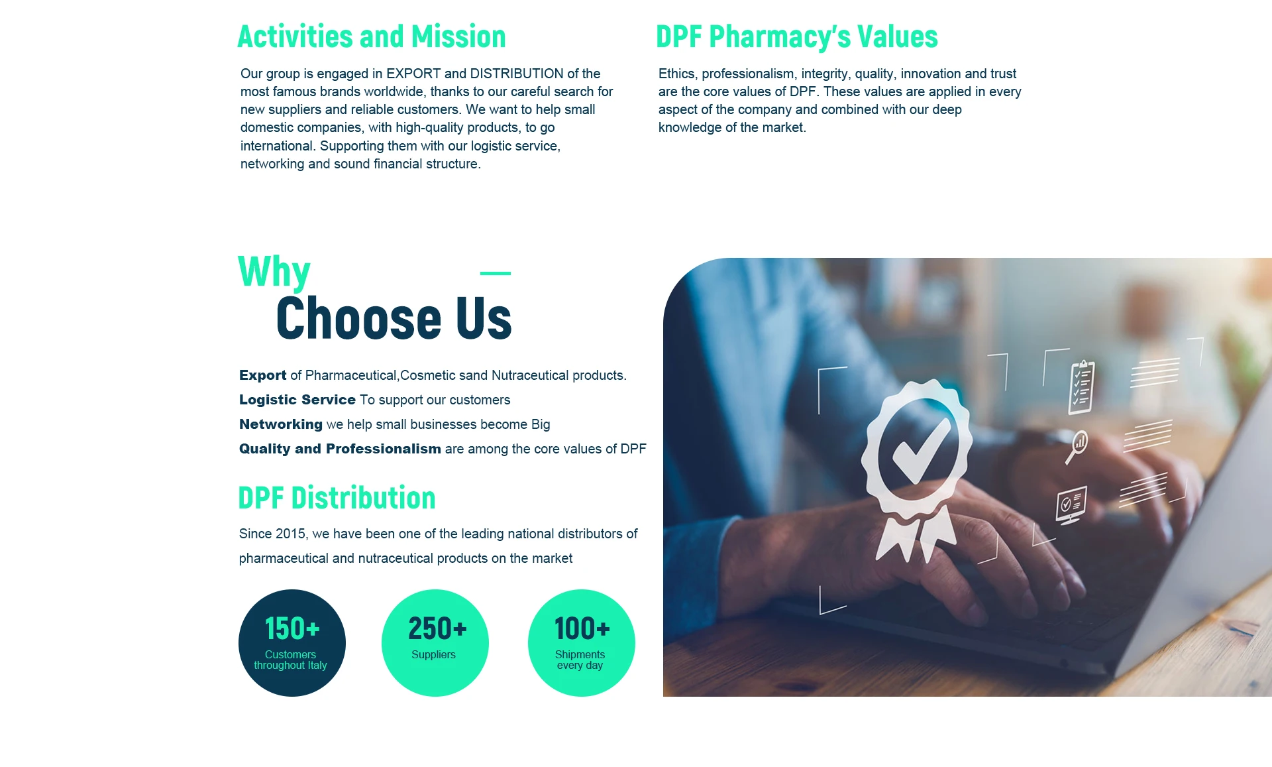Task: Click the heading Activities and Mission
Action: (372, 36)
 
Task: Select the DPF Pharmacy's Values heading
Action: (797, 36)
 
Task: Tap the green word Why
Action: (274, 272)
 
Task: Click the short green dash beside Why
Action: (496, 273)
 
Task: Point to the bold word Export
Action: (263, 375)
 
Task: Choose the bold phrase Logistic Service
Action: (297, 400)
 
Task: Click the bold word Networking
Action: (281, 424)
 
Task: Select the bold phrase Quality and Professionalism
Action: (340, 449)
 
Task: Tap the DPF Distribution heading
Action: (337, 498)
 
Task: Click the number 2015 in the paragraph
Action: (290, 534)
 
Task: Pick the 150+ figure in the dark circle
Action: (292, 628)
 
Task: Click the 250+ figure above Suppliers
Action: (437, 628)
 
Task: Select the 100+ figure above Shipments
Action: (582, 628)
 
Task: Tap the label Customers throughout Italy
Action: (291, 660)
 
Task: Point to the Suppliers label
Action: (433, 654)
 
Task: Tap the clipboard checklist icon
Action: (1081, 388)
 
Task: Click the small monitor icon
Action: (1071, 505)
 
